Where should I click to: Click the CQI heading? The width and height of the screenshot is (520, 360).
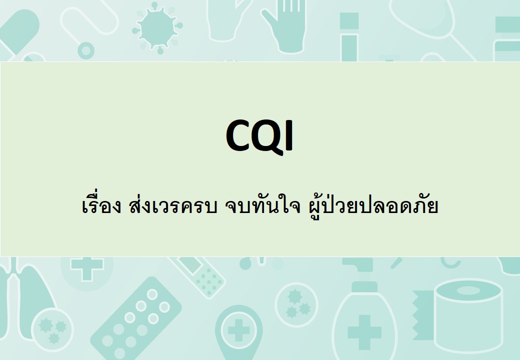259,136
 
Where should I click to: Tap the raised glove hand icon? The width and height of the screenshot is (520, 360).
284,26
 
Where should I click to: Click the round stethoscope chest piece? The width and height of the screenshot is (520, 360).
86,50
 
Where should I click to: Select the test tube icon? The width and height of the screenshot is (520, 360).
349,37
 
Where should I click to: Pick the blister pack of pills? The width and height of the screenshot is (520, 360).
136,318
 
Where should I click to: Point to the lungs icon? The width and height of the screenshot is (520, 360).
25,298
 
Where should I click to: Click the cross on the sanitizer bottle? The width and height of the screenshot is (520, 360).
364,332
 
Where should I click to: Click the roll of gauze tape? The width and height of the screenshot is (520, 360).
468,315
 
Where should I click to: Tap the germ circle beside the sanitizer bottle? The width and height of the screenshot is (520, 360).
296,304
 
